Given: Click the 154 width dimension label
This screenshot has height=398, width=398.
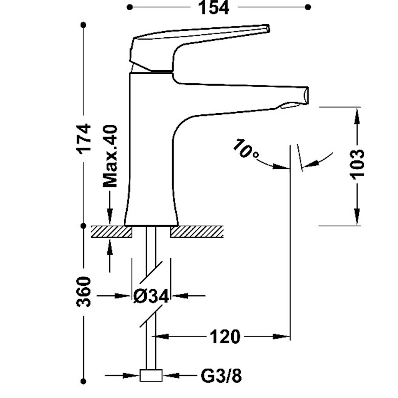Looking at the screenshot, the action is click(214, 7).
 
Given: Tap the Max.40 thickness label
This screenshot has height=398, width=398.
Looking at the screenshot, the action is click(110, 156).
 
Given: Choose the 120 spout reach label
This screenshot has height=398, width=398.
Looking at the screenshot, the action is click(225, 337).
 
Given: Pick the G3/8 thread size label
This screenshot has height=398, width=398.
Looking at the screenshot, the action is click(221, 376).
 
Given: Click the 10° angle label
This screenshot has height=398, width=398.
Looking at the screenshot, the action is click(245, 149).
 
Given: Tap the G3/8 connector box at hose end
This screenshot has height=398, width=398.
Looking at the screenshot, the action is click(151, 375).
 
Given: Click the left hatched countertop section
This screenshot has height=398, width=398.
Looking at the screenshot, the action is click(111, 232).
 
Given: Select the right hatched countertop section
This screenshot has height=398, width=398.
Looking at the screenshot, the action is click(197, 232).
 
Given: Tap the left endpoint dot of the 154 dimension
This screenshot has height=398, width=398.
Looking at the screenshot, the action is click(129, 7).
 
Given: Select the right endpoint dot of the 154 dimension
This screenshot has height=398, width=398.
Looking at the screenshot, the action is click(308, 7).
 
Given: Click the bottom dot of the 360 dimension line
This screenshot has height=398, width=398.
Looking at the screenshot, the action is click(84, 382).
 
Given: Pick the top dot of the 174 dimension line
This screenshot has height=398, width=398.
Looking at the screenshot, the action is click(84, 25).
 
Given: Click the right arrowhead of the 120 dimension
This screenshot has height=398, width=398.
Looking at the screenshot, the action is click(281, 337).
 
